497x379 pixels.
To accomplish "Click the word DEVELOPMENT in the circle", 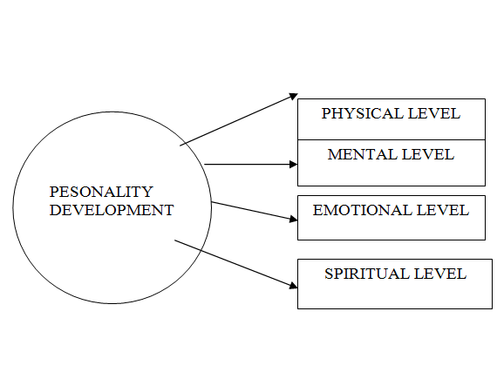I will pyautogui.click(x=111, y=210).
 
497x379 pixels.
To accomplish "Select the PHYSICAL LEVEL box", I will pyautogui.click(x=391, y=119).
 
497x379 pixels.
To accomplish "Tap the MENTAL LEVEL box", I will pyautogui.click(x=391, y=163).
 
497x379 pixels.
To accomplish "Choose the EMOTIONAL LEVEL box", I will pyautogui.click(x=391, y=218).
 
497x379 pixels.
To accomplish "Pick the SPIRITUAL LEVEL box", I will pyautogui.click(x=394, y=284).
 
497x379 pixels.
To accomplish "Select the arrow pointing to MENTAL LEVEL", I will pyautogui.click(x=249, y=164).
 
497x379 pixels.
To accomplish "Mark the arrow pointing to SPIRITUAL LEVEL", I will pyautogui.click(x=234, y=263).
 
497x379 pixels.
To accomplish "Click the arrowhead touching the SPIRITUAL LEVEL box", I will pyautogui.click(x=292, y=284).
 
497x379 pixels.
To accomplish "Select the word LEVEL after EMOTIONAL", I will pyautogui.click(x=444, y=210).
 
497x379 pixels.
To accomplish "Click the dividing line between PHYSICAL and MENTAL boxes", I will pyautogui.click(x=391, y=139).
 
